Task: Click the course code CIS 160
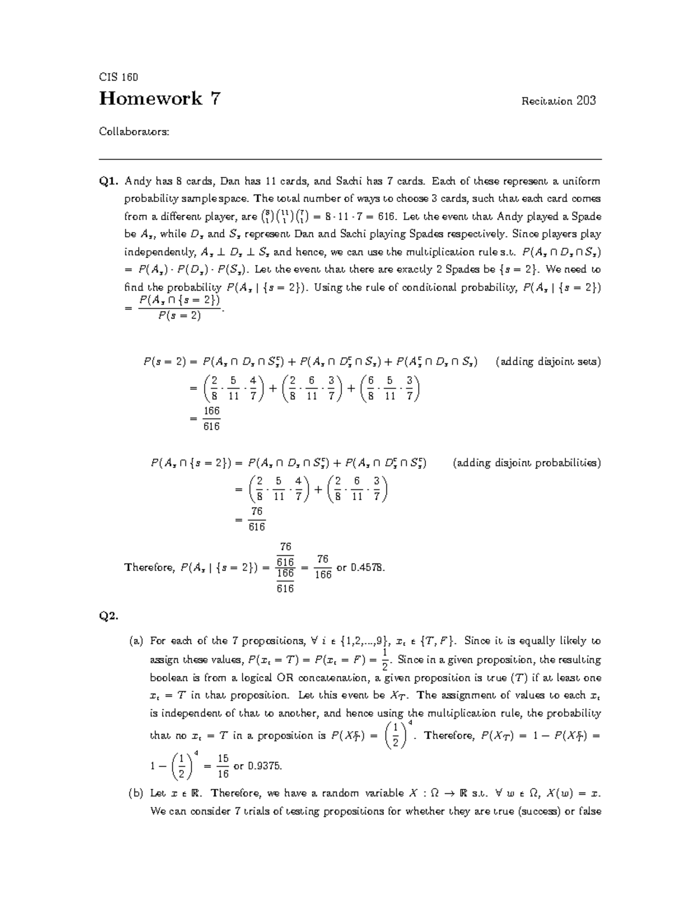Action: point(118,77)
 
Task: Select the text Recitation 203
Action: point(558,101)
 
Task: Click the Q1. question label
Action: point(109,181)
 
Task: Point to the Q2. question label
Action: point(109,616)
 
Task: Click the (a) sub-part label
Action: point(136,641)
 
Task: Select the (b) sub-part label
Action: point(136,793)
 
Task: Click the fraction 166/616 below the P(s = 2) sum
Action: point(211,419)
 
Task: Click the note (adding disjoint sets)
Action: point(548,362)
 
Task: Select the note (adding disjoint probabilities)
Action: point(527,463)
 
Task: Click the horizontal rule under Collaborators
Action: point(350,159)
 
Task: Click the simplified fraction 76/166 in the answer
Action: point(323,567)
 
